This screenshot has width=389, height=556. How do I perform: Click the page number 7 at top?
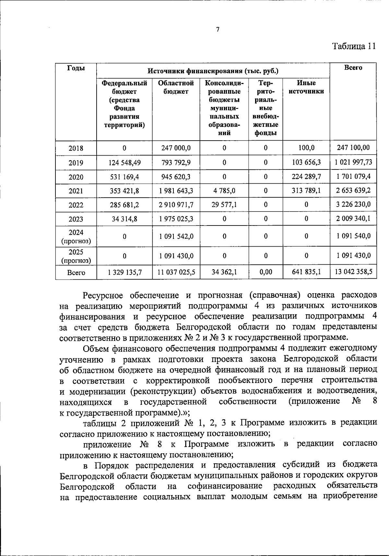point(218,29)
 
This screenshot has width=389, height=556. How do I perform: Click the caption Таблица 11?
point(354,46)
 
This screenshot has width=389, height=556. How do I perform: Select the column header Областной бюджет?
point(176,87)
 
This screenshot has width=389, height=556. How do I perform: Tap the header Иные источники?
point(306,87)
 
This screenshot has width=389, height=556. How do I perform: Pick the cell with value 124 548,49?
point(124,163)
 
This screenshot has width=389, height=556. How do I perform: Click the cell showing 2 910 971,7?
point(176,205)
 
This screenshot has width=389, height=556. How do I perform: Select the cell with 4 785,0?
point(224,191)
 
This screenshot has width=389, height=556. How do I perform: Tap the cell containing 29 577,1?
point(224,205)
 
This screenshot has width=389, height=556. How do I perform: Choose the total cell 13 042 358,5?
point(353,272)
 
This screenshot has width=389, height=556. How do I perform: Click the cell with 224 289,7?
point(306,177)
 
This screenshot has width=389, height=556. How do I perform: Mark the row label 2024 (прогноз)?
point(76,237)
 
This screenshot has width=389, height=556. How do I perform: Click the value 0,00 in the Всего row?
point(265,272)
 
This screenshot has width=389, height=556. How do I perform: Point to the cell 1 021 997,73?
point(353,162)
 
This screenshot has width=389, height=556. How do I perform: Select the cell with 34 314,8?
point(124,219)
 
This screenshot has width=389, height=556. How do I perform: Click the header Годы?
point(76,68)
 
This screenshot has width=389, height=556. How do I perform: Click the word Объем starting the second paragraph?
point(96,348)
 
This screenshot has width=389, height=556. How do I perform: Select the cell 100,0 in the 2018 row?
point(306,148)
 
